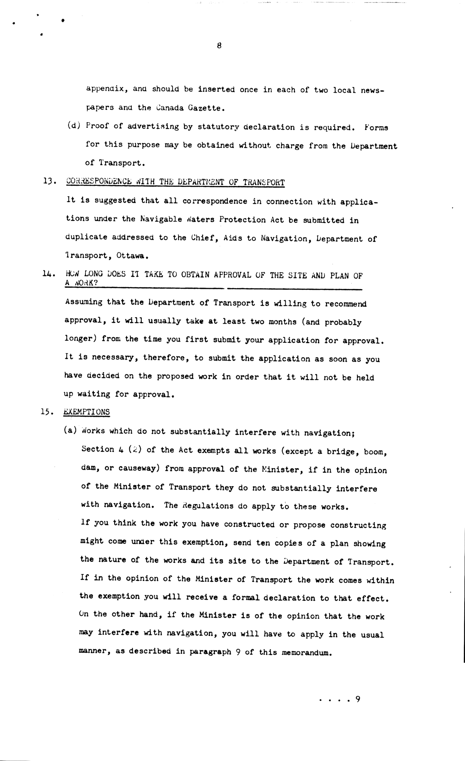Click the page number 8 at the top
tap(219, 46)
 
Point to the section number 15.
tap(48, 412)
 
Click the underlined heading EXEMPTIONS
tap(87, 412)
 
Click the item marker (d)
tap(74, 126)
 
